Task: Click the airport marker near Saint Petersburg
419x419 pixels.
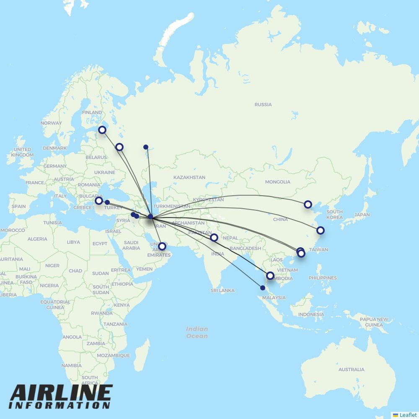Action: (x=102, y=130)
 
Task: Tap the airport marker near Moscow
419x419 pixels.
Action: (x=119, y=147)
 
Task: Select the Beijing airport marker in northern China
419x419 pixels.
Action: (x=308, y=204)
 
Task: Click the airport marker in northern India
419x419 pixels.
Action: (x=214, y=238)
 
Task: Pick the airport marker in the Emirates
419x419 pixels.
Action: (x=162, y=246)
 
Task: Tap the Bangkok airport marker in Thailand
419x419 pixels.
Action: (x=270, y=276)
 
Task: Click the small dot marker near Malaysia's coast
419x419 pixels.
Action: (x=263, y=288)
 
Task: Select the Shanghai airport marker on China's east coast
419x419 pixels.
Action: (x=321, y=230)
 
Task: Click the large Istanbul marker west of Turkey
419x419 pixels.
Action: (x=98, y=201)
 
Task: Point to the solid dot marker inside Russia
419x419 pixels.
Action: (x=146, y=147)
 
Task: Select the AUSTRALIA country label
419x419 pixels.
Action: (x=351, y=370)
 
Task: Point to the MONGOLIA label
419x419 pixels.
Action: (x=277, y=182)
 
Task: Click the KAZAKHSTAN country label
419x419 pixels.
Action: (x=189, y=177)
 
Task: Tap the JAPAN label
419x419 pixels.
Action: (x=362, y=215)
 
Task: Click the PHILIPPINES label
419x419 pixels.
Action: (x=322, y=278)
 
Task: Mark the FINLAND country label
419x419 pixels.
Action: (x=92, y=112)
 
